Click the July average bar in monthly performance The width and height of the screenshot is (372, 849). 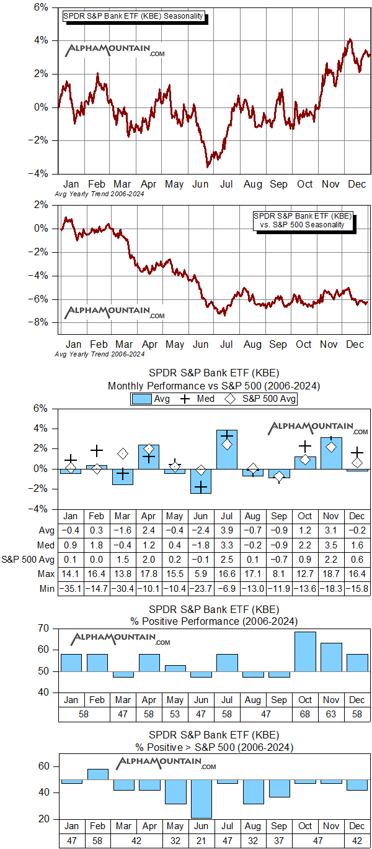(x=226, y=449)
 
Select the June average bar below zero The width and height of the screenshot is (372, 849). (x=200, y=481)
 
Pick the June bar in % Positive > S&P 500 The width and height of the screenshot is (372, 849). (x=200, y=799)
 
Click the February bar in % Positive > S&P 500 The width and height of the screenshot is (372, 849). (x=97, y=774)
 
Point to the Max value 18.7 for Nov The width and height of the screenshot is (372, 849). (x=330, y=574)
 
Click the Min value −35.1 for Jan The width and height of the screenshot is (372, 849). (x=71, y=588)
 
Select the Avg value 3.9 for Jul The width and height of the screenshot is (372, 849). (x=226, y=531)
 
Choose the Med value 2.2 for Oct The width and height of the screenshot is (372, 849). (x=304, y=545)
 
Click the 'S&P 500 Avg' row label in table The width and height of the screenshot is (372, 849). (x=30, y=560)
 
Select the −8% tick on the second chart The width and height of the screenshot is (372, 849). (x=41, y=322)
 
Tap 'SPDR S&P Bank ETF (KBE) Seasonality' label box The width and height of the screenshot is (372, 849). (x=133, y=16)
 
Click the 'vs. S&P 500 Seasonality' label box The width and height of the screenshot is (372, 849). (x=303, y=220)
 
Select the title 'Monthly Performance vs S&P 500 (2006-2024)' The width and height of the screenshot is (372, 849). (x=213, y=386)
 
